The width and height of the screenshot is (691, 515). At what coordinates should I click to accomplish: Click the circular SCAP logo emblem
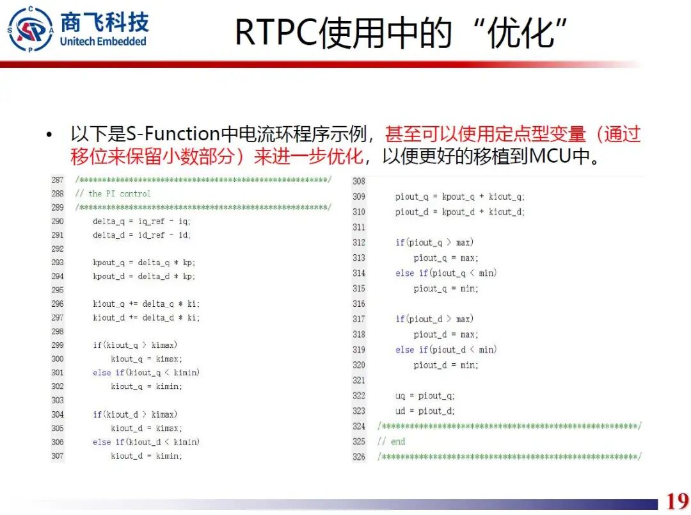click(x=30, y=29)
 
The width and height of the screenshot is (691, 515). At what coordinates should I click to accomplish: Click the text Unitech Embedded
click(x=103, y=42)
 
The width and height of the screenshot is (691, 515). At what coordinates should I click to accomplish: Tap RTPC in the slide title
click(x=276, y=32)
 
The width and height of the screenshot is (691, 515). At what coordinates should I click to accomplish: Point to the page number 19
click(x=677, y=500)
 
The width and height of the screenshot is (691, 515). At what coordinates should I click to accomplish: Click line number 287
click(x=58, y=180)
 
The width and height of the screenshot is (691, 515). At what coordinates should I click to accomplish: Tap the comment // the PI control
click(x=113, y=193)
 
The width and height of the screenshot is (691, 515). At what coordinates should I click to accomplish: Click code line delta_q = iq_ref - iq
click(x=141, y=221)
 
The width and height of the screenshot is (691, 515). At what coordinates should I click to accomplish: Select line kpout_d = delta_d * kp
click(x=143, y=276)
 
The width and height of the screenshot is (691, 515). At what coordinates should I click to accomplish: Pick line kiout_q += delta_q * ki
click(x=146, y=304)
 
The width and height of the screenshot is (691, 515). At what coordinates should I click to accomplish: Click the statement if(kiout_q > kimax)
click(x=135, y=345)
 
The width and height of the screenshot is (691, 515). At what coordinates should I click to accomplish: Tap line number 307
click(x=58, y=455)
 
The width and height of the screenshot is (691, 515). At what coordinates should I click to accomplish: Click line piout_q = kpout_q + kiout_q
click(x=459, y=197)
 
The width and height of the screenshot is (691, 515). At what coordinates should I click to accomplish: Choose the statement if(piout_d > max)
click(x=434, y=319)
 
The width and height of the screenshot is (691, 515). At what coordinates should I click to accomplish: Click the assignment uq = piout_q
click(x=425, y=396)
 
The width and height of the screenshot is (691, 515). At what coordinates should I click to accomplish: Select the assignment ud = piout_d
click(x=425, y=411)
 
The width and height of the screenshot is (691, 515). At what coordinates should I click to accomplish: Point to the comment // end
click(x=391, y=441)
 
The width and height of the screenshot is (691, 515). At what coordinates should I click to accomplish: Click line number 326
click(x=359, y=457)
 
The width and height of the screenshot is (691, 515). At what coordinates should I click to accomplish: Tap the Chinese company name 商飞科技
click(x=104, y=21)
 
